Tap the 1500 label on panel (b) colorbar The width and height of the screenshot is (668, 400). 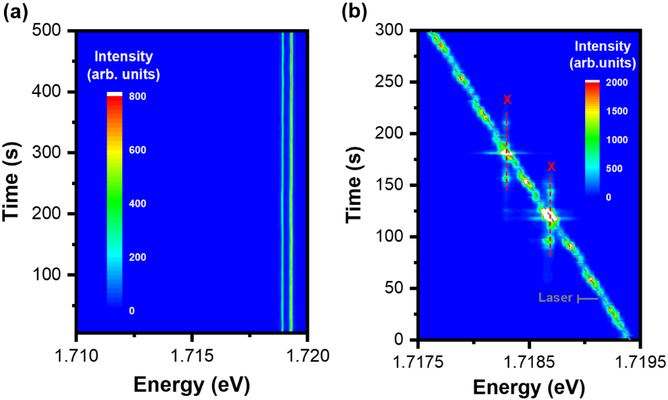point(617,111)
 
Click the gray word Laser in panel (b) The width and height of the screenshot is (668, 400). point(555,297)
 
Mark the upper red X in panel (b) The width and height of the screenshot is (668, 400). point(507,100)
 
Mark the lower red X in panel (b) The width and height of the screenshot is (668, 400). point(551,167)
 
